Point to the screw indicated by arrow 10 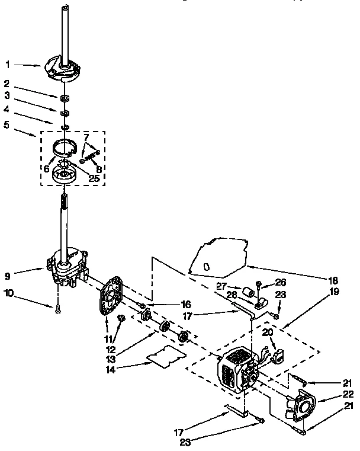pos(57,307)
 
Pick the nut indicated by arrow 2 pos(62,96)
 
